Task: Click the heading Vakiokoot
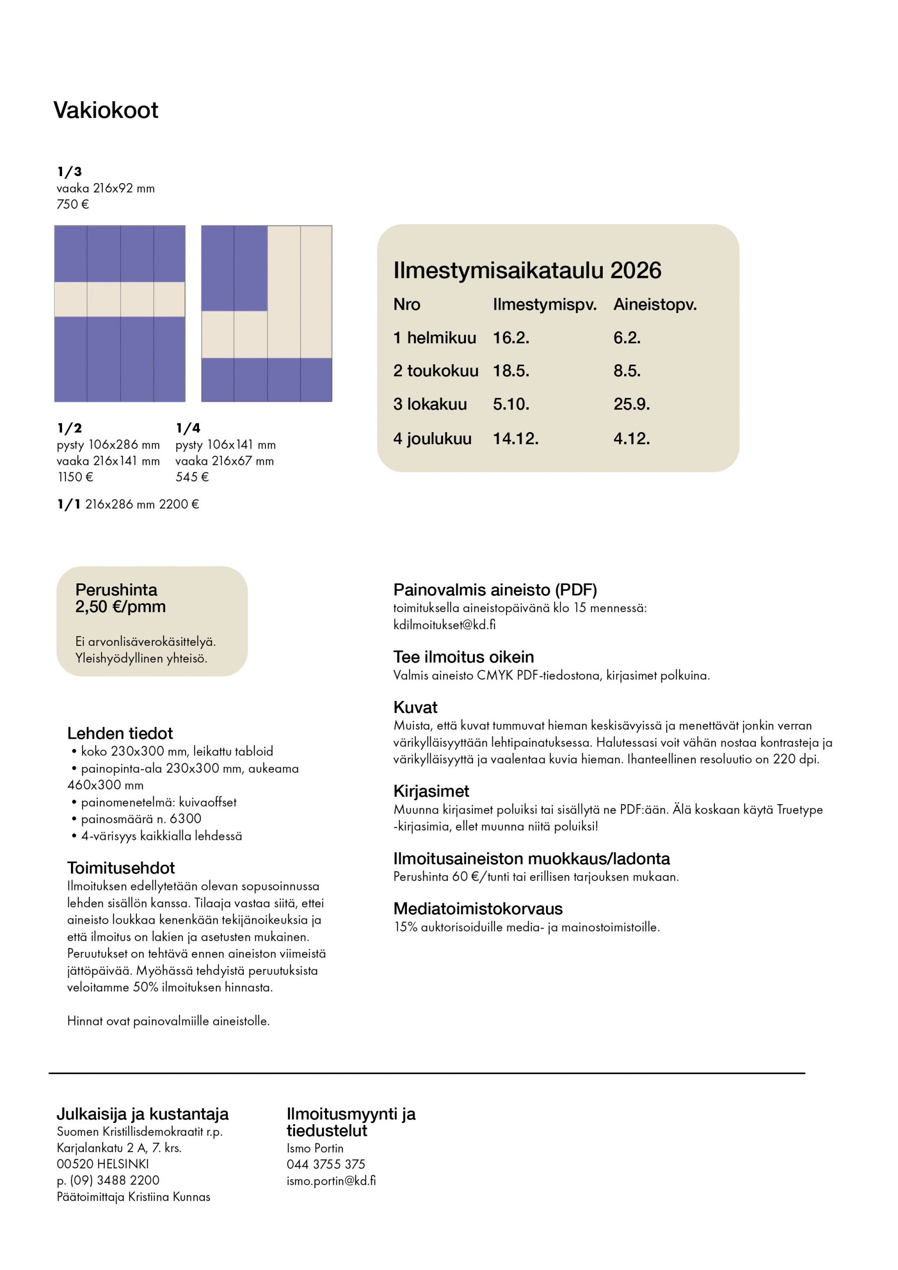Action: [106, 110]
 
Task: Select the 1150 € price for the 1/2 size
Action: [75, 477]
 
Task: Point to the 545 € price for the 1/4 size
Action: [192, 477]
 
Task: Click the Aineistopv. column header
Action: [654, 304]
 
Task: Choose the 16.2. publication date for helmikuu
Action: [511, 337]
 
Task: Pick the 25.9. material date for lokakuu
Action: [631, 404]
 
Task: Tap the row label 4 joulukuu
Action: [432, 438]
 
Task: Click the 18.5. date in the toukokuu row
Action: [511, 371]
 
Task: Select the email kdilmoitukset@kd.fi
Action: [445, 625]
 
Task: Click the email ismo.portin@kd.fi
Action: [331, 1180]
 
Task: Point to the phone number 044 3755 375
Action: [325, 1164]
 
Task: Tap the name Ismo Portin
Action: [315, 1148]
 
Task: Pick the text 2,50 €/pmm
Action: [120, 607]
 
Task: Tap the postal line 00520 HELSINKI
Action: [102, 1164]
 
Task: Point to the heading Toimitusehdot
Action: [121, 868]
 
